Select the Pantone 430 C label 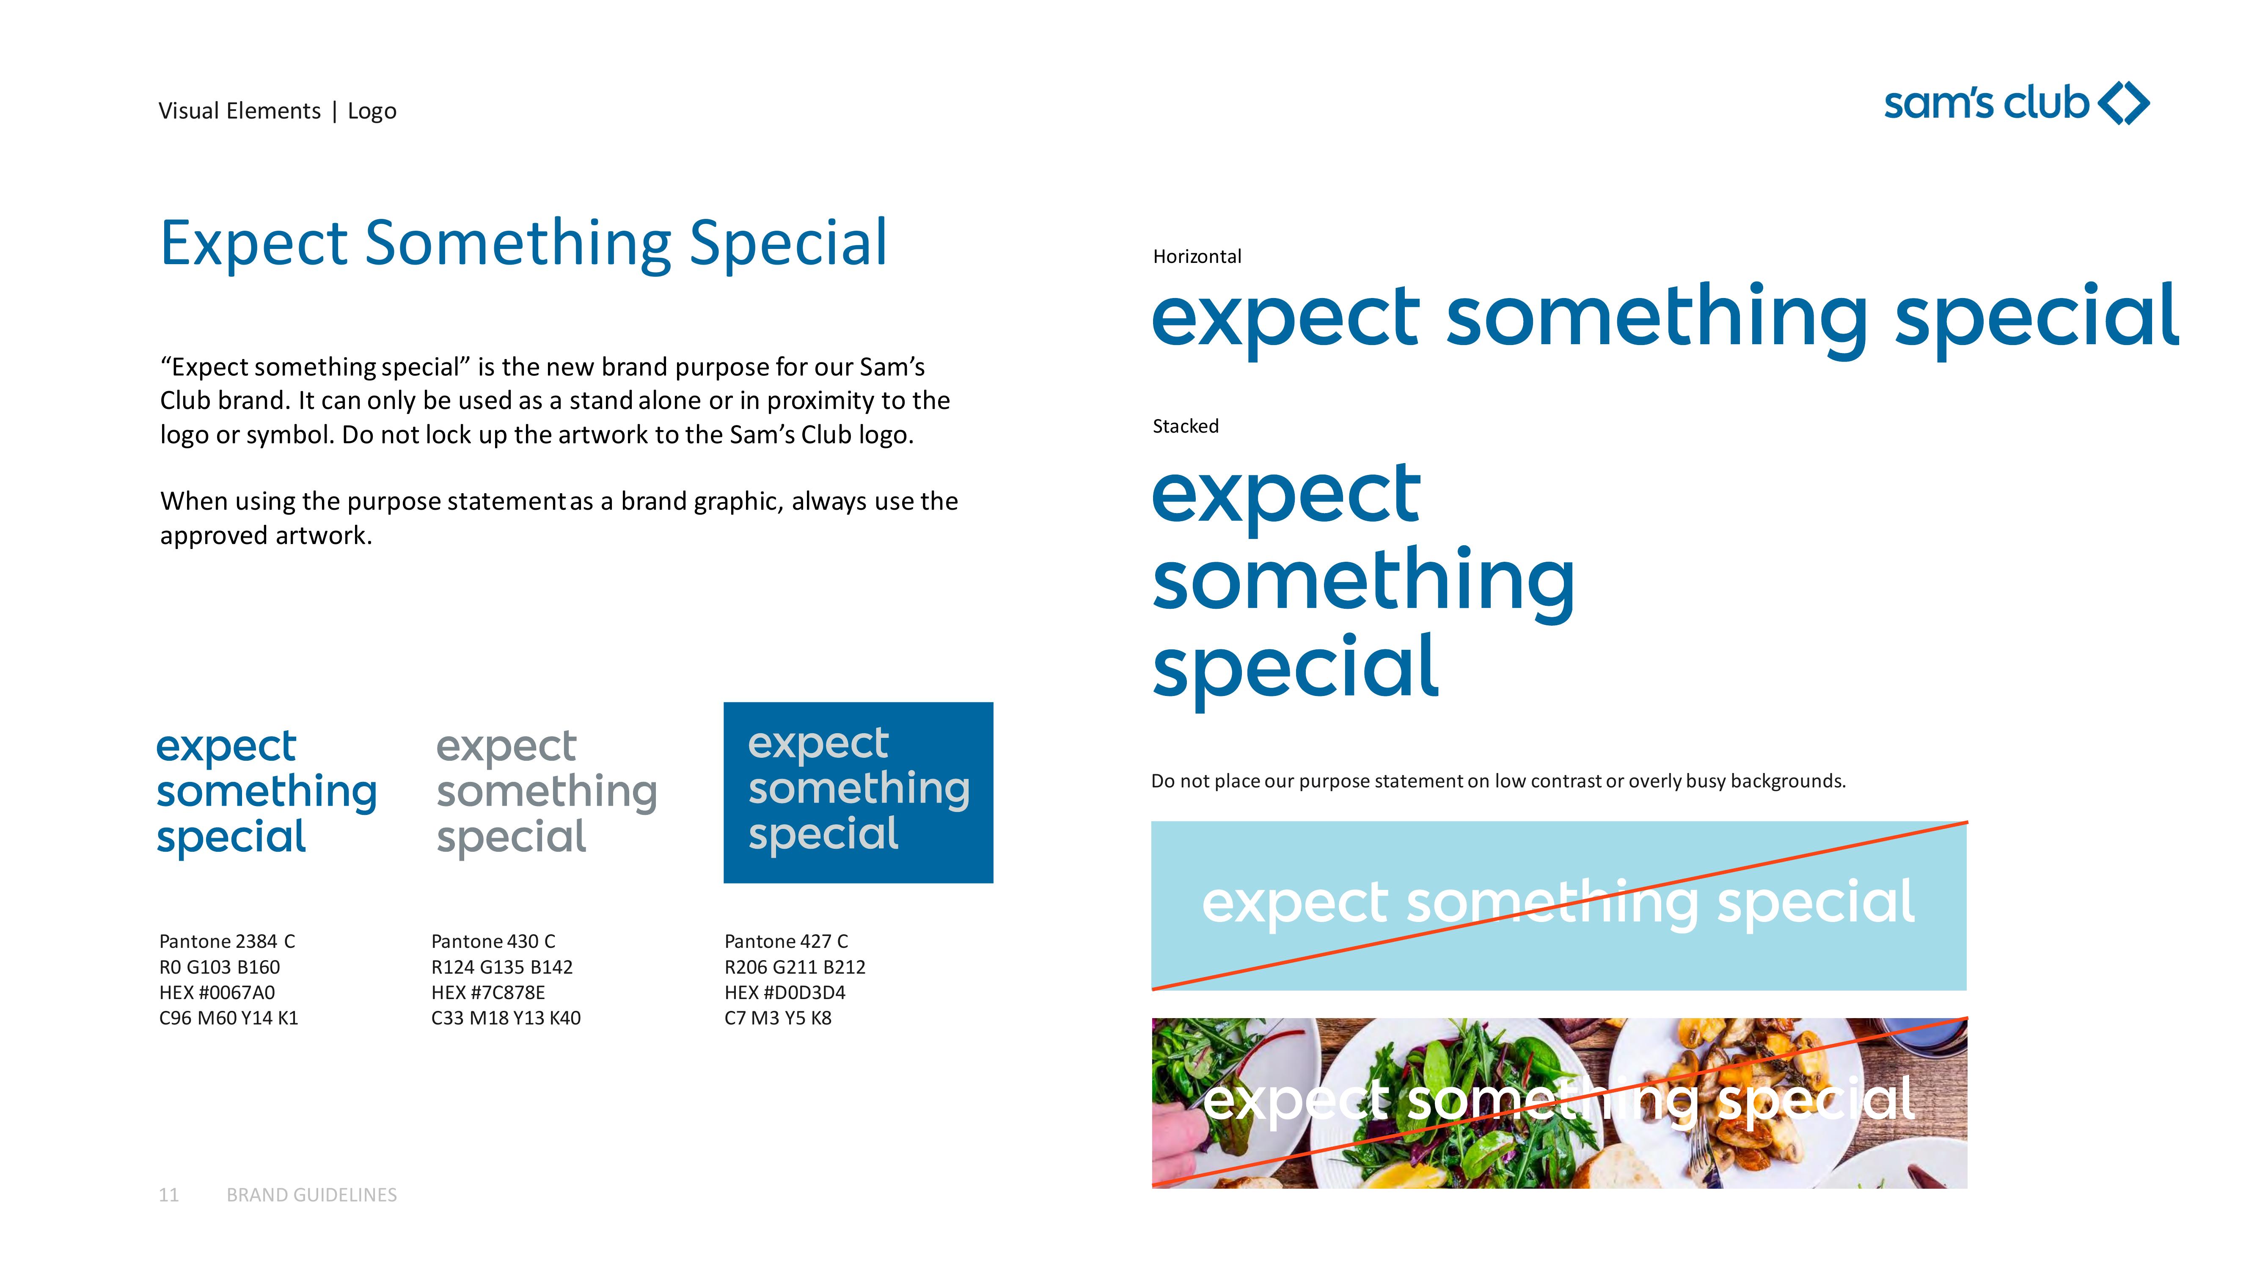click(x=493, y=941)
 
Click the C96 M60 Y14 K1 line click(x=228, y=1018)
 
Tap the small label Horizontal click(x=1197, y=256)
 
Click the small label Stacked click(x=1186, y=426)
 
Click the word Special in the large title click(x=789, y=244)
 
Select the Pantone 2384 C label click(x=227, y=941)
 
